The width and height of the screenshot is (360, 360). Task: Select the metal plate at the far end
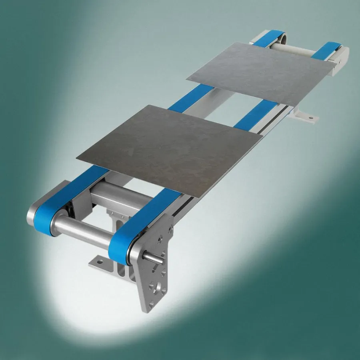pyautogui.click(x=264, y=72)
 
